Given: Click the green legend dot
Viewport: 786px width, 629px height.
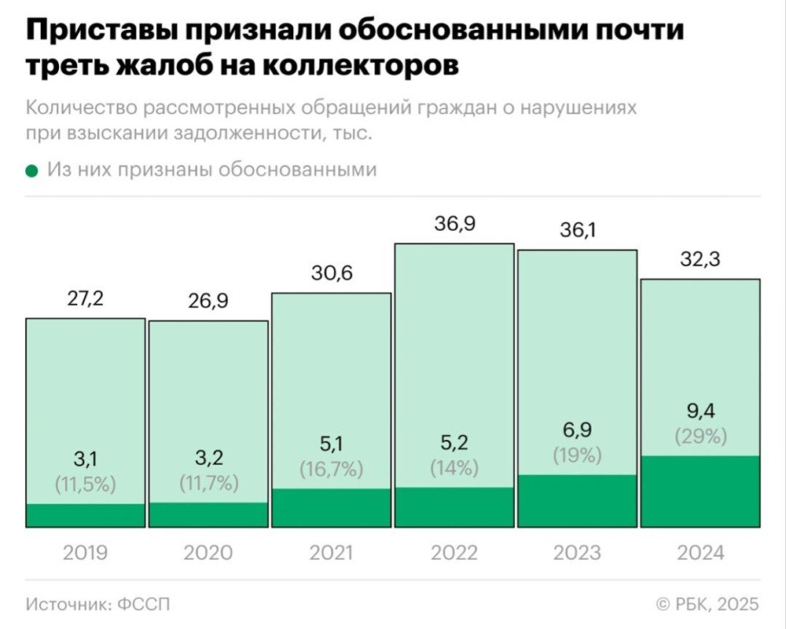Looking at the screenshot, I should coord(31,170).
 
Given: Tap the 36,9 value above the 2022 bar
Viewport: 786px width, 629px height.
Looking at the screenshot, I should coord(454,225).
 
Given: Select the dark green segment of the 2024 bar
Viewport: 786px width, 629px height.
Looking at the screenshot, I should coord(700,491).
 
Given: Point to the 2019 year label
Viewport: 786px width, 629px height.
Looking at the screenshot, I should coord(85,553).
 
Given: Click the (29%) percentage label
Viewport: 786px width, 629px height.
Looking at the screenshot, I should coord(700,437).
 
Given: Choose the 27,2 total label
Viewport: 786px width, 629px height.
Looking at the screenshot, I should coord(85,299).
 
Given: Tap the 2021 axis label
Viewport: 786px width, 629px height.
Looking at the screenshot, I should coord(331,553).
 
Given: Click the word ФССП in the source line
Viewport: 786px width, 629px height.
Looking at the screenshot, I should coord(144,604).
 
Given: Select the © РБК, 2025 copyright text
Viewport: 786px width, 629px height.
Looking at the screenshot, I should coord(708,604).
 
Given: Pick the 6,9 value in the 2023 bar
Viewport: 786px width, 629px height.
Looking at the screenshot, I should coord(577,432).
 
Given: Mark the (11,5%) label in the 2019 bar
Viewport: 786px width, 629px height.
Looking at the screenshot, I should coord(85,485).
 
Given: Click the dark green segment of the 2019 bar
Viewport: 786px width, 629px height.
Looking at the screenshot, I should coord(85,515).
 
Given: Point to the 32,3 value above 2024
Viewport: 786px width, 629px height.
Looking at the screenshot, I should coord(700,260).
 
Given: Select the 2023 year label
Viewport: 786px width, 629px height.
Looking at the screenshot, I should coord(577,553).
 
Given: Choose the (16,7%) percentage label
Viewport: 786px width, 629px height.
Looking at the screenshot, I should coord(331,470).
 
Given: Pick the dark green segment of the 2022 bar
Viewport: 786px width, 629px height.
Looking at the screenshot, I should coord(454,507).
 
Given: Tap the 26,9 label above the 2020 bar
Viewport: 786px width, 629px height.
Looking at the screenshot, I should coord(208,302).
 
